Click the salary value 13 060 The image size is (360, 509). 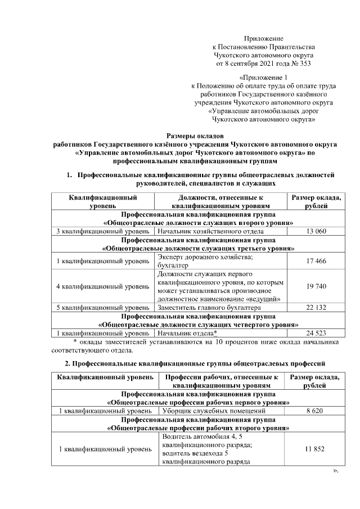click(317, 231)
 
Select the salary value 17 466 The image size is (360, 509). click(317, 261)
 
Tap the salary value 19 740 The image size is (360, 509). click(317, 286)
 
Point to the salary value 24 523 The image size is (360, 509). click(317, 334)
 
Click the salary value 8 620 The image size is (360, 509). click(317, 411)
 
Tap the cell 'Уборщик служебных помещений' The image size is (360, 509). click(206, 411)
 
